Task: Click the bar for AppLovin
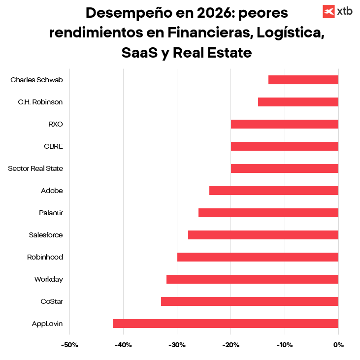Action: click(226, 324)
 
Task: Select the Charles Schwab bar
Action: click(303, 80)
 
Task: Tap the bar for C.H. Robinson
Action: click(298, 102)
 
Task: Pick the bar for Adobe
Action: click(274, 191)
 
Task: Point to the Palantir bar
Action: click(268, 213)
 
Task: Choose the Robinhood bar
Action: click(258, 257)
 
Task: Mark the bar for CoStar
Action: click(250, 301)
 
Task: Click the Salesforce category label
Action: click(46, 235)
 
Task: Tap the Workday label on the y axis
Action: click(48, 279)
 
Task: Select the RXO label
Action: click(55, 124)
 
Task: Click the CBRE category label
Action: click(53, 146)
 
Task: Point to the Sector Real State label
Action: click(35, 168)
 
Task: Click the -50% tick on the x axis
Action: click(69, 345)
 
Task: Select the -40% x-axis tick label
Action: click(123, 345)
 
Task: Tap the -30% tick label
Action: click(177, 345)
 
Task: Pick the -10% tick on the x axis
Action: click(285, 345)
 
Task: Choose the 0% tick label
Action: click(338, 345)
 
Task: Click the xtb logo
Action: click(337, 11)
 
